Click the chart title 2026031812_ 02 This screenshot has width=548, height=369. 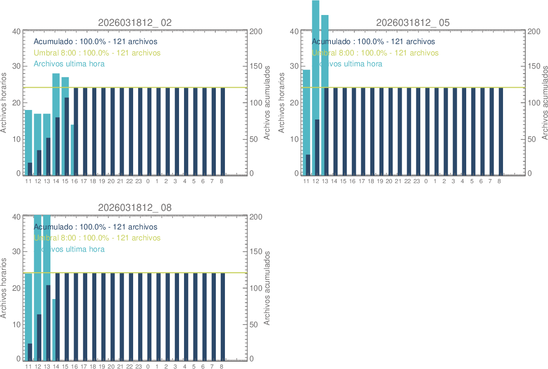[x=135, y=23]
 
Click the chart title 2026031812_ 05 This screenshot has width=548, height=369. [x=413, y=23]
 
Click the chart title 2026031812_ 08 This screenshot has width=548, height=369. [x=135, y=208]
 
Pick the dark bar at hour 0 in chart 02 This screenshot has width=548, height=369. [x=149, y=132]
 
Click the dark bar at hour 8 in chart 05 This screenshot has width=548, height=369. [x=501, y=132]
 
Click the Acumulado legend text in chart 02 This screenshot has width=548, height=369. [x=95, y=42]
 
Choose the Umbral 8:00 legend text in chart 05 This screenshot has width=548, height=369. [x=375, y=53]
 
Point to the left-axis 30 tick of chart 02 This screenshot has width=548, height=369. [x=16, y=66]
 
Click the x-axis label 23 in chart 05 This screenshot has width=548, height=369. [x=417, y=181]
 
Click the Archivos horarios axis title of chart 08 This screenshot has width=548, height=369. [x=4, y=288]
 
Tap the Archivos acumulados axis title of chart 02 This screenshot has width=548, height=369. [x=267, y=103]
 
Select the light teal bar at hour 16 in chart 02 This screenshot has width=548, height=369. [x=72, y=150]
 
